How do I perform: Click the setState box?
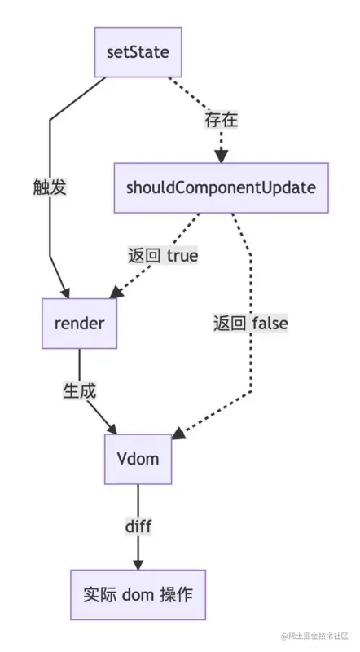(137, 52)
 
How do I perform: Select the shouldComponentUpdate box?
(221, 188)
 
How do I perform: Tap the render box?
(79, 324)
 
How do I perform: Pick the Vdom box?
(137, 459)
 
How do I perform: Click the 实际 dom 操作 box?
(138, 594)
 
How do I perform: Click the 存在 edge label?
(221, 121)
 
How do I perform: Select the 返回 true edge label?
(163, 256)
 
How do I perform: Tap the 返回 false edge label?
(251, 324)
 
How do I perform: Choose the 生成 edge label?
(80, 391)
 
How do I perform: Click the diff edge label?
(138, 526)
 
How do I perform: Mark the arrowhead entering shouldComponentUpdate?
(221, 157)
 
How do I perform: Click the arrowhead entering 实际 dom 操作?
(138, 564)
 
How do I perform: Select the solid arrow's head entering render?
(68, 293)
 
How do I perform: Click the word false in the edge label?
(270, 324)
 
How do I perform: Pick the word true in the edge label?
(182, 256)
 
